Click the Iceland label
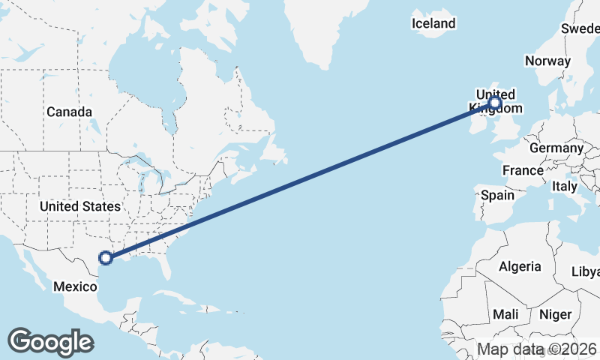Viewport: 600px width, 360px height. point(433,23)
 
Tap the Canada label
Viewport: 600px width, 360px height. point(69,112)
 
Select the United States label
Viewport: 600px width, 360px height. point(79,206)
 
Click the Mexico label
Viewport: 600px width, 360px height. point(75,286)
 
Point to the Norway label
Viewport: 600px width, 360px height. point(547,61)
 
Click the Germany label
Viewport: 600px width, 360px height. point(556,148)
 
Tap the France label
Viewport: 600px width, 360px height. point(523,170)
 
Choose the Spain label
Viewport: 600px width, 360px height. point(497,195)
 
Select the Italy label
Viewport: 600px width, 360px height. point(565,185)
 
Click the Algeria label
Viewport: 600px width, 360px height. point(520,266)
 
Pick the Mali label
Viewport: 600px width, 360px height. point(505,314)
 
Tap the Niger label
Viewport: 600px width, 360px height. point(555,314)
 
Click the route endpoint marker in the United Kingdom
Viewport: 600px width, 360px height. point(495,103)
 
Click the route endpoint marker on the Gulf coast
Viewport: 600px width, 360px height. point(106,258)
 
